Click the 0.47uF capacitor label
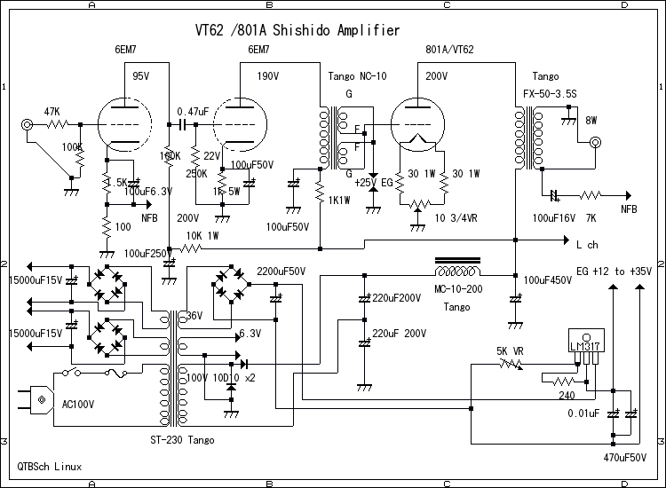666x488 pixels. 193,111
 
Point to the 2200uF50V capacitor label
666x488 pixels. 281,270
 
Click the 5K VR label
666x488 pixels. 511,350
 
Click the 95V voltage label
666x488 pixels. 141,76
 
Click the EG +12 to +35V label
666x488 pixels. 614,271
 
